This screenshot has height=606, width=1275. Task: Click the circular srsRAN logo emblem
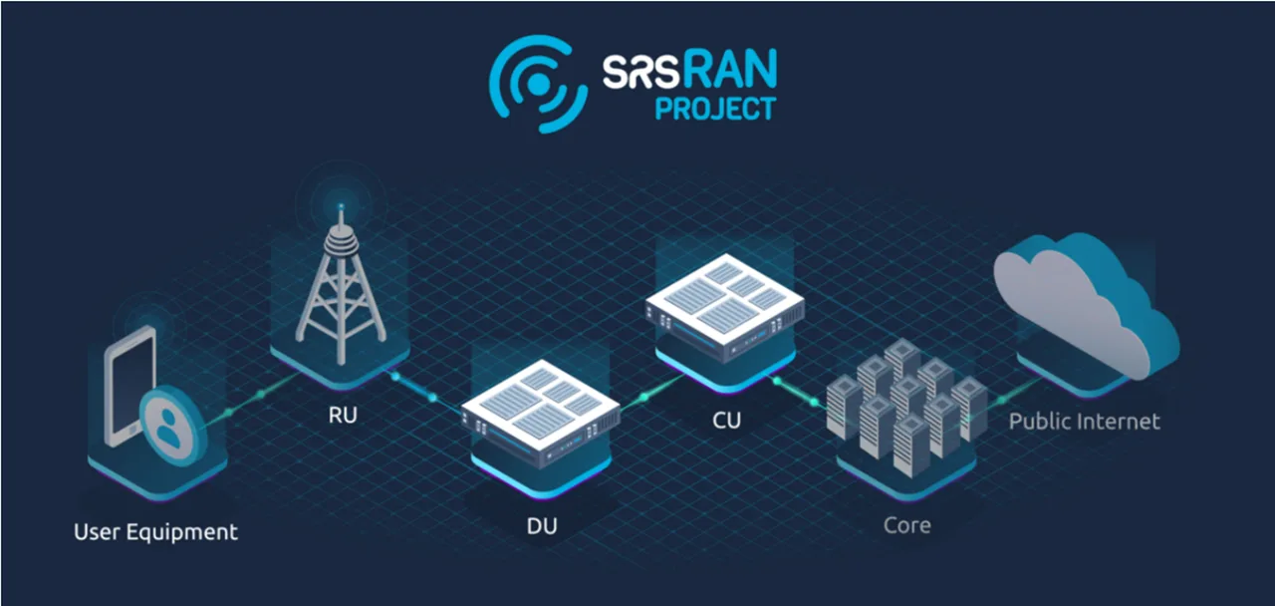[538, 85]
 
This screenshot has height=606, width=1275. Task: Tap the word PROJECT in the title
[715, 109]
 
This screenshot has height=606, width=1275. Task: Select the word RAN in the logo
[730, 69]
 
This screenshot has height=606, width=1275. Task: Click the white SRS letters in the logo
[640, 72]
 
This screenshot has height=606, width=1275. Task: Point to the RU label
[343, 416]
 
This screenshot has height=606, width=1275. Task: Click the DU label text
[542, 526]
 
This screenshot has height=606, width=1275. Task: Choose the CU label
[726, 421]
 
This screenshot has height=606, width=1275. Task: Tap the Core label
[906, 525]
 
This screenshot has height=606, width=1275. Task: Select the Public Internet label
[1085, 422]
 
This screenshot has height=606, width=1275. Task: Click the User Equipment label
[155, 532]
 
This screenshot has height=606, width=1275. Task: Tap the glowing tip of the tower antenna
[341, 206]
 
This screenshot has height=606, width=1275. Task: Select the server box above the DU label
[540, 413]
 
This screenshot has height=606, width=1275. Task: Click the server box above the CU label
[725, 308]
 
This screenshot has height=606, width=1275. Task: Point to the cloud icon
[1086, 305]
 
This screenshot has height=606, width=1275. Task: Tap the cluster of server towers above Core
[906, 408]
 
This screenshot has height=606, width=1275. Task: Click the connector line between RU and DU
[428, 394]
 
